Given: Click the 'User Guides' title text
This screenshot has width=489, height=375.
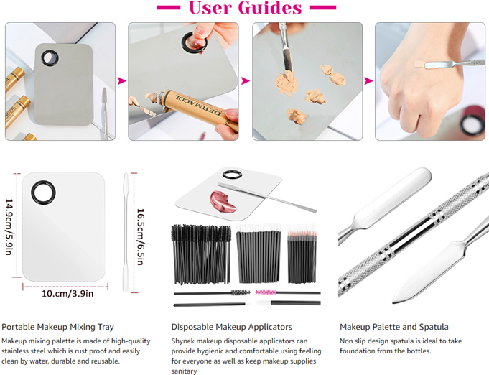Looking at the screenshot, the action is [x=246, y=8].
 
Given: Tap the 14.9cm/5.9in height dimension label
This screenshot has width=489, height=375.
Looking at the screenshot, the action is [x=9, y=227].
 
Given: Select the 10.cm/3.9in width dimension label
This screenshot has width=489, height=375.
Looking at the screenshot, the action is [x=67, y=294].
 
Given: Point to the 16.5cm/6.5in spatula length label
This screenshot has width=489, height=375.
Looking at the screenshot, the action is [x=141, y=237].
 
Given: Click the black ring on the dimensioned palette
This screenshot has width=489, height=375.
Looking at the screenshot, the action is [x=43, y=193].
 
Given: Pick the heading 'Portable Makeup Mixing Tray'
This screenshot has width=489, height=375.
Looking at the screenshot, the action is [x=57, y=327].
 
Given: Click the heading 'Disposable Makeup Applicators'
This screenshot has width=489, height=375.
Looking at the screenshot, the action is [x=232, y=327].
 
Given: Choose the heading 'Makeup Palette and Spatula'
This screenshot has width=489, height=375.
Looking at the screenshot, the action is [x=394, y=327].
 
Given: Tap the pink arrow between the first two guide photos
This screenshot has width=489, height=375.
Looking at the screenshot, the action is [x=121, y=81].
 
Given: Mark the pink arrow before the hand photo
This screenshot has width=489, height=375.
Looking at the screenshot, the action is [x=368, y=81].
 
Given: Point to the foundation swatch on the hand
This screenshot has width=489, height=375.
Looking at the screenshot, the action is [x=419, y=64].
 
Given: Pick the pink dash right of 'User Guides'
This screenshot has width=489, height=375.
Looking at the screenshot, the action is [x=323, y=7].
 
